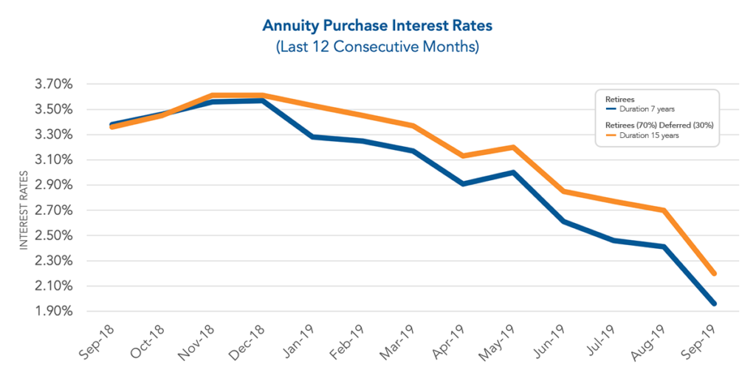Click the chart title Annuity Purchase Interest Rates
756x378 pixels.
(377, 26)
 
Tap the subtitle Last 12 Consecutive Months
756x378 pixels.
(377, 47)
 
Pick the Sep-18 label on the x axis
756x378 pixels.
(96, 340)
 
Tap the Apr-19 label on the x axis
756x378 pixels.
(447, 340)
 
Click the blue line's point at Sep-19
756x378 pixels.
(713, 303)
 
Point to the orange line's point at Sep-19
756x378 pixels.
(713, 273)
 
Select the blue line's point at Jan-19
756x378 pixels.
(312, 137)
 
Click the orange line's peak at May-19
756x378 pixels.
(513, 147)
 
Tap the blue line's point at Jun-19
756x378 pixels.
(563, 221)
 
